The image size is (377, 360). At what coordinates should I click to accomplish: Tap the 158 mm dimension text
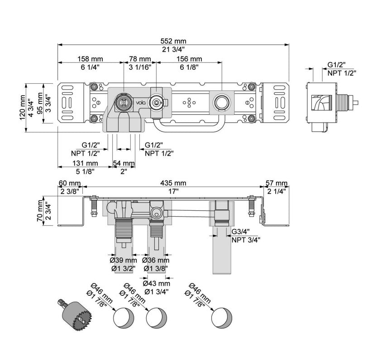point(90,59)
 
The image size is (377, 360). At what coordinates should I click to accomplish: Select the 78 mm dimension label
point(140,59)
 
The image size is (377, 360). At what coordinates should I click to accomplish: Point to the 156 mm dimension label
point(189,59)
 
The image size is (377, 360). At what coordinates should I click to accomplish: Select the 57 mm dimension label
point(276,183)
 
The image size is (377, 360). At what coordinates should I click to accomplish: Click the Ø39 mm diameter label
point(123,261)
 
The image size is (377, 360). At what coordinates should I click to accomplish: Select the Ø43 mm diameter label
point(156,284)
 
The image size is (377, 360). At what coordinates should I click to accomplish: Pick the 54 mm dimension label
point(124,163)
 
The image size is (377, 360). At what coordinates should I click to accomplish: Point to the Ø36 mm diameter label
point(156,261)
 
